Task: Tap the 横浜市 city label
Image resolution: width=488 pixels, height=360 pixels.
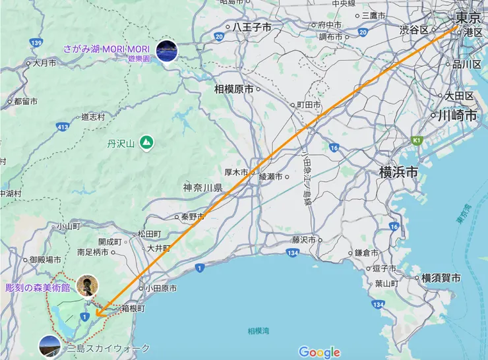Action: coord(398,172)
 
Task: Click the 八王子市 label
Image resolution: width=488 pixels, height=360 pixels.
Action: coord(252,28)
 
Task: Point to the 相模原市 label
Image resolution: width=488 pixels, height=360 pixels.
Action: coord(233,88)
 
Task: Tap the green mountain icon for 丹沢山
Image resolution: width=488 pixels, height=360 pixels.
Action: coord(146,142)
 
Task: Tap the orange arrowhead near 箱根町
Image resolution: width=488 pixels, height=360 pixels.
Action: coord(98,315)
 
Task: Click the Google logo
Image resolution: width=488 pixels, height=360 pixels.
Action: coord(319,352)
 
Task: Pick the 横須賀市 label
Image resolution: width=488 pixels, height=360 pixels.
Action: coord(441,278)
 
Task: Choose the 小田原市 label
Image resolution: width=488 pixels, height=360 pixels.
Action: coord(161,288)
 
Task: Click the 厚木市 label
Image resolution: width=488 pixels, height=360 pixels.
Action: coord(235,172)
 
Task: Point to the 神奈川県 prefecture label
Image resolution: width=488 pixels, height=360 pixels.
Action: coord(203,188)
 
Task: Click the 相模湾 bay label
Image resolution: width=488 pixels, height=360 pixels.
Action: coord(259,330)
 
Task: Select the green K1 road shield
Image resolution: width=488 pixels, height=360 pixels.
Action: coord(416,140)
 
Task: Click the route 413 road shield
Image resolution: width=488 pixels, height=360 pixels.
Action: coord(63,126)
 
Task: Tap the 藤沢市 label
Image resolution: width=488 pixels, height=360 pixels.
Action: coord(305,240)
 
